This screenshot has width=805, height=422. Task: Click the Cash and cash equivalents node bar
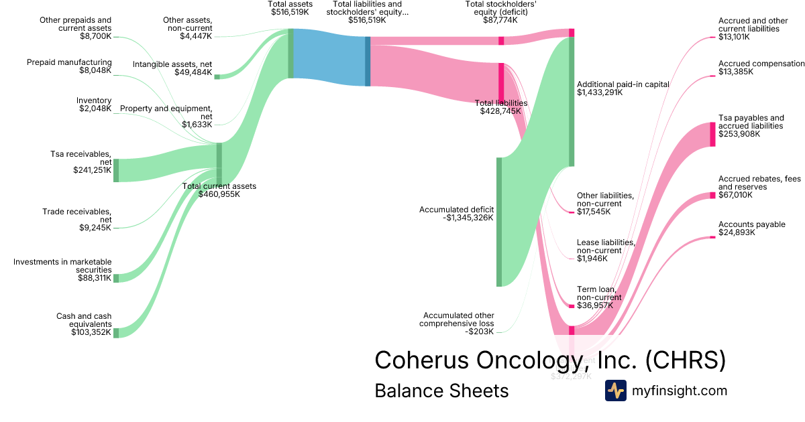pos(116,333)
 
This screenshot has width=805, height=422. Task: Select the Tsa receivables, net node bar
pos(116,170)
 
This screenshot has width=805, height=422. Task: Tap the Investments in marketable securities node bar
pos(116,278)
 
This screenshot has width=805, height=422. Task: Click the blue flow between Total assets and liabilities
pos(329,58)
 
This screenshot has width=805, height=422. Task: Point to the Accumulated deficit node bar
pos(499,222)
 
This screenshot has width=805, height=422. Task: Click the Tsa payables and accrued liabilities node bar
pos(712,134)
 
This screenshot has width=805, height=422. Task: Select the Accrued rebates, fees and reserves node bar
pos(712,196)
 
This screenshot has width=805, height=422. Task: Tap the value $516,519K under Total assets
pos(290,12)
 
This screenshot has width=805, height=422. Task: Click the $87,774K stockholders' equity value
pos(500,20)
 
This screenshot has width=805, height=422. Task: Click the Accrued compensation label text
pos(761,64)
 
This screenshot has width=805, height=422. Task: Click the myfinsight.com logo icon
pos(616,391)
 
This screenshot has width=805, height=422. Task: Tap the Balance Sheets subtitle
pos(441,391)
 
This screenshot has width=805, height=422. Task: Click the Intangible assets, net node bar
pos(217,77)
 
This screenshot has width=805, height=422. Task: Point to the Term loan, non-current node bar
pos(572,306)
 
